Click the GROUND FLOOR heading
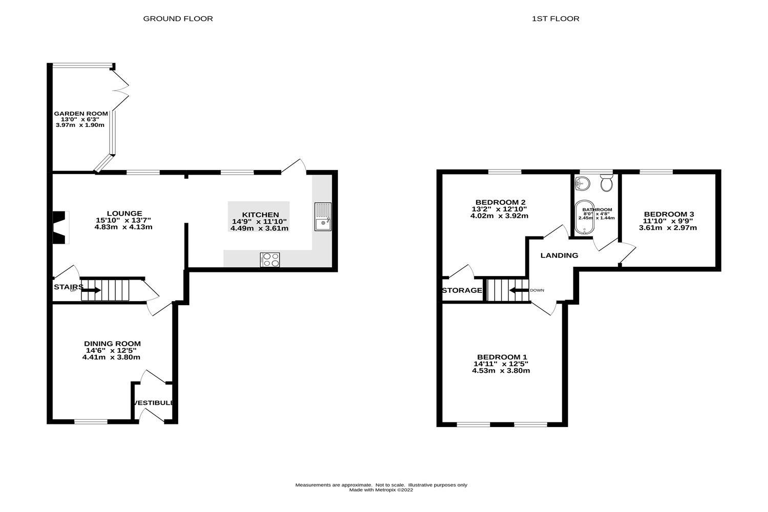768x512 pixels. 178,18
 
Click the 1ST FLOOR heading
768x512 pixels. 556,18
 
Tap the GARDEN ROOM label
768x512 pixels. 81,114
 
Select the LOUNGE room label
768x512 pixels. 124,214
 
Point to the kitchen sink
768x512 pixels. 323,217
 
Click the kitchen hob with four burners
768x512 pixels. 270,260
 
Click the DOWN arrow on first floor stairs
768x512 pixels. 518,290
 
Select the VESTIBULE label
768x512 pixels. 154,403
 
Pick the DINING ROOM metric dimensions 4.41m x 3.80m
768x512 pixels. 111,357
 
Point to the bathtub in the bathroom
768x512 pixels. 584,218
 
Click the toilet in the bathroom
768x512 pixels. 607,183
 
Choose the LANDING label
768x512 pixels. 559,255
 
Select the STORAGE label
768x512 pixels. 462,290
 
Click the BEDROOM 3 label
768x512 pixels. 669,214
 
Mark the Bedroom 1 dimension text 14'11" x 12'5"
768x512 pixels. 501,364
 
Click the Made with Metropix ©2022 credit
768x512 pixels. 381,490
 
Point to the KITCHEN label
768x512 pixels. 261,215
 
